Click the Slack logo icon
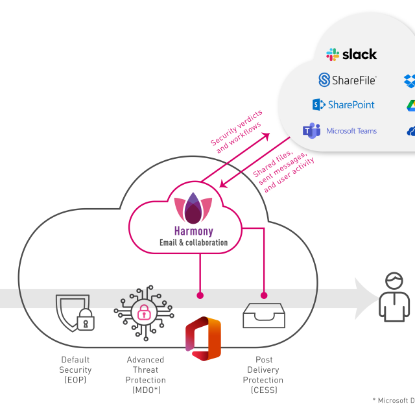[x=333, y=54]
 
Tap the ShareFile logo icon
[x=325, y=80]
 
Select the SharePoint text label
[x=351, y=105]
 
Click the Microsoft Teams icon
[x=312, y=130]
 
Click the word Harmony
[x=193, y=231]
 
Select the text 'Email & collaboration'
[x=193, y=243]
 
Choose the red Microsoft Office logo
[x=203, y=338]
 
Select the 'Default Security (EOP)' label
[x=76, y=370]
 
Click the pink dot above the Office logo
[x=200, y=295]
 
